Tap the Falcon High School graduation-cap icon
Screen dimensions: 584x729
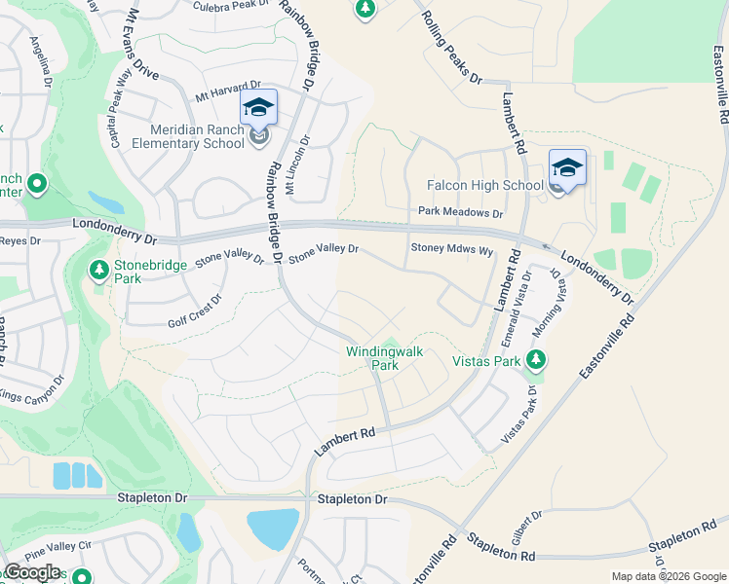567,167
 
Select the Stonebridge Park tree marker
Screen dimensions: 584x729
98,269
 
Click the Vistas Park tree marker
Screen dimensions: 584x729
534,360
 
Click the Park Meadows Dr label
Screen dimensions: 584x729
460,212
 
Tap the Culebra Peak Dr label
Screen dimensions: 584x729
230,6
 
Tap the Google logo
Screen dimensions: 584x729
32,572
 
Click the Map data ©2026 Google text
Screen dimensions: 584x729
668,576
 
